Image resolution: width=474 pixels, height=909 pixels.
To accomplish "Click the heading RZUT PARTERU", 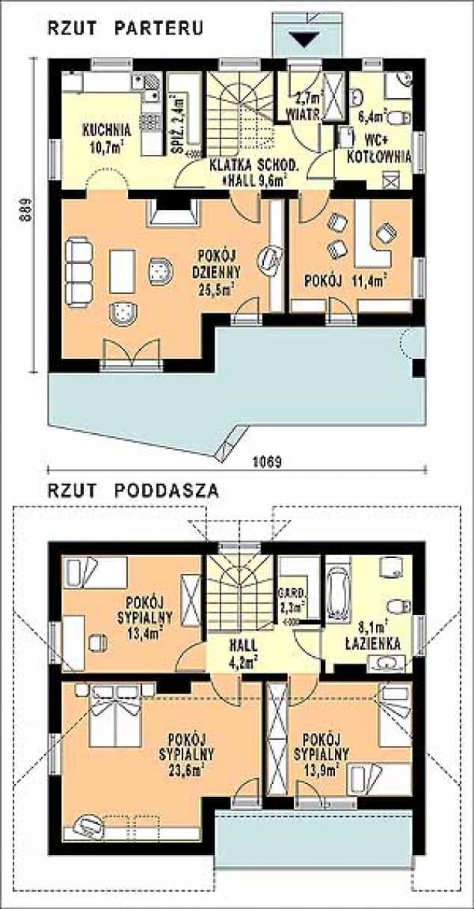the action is [126, 29].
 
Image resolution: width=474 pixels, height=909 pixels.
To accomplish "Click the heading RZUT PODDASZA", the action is [133, 491].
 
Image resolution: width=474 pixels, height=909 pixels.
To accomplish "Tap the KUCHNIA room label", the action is [107, 130].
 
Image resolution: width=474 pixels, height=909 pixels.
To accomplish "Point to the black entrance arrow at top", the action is [307, 40].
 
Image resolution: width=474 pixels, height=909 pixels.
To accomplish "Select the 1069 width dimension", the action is [267, 462].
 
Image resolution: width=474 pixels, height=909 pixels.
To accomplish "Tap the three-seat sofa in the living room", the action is [79, 271].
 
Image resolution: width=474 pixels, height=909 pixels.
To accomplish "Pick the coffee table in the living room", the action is [122, 271].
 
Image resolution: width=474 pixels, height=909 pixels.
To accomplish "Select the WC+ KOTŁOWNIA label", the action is [379, 148].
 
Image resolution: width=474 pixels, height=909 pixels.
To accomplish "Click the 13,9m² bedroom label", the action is [321, 754].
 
